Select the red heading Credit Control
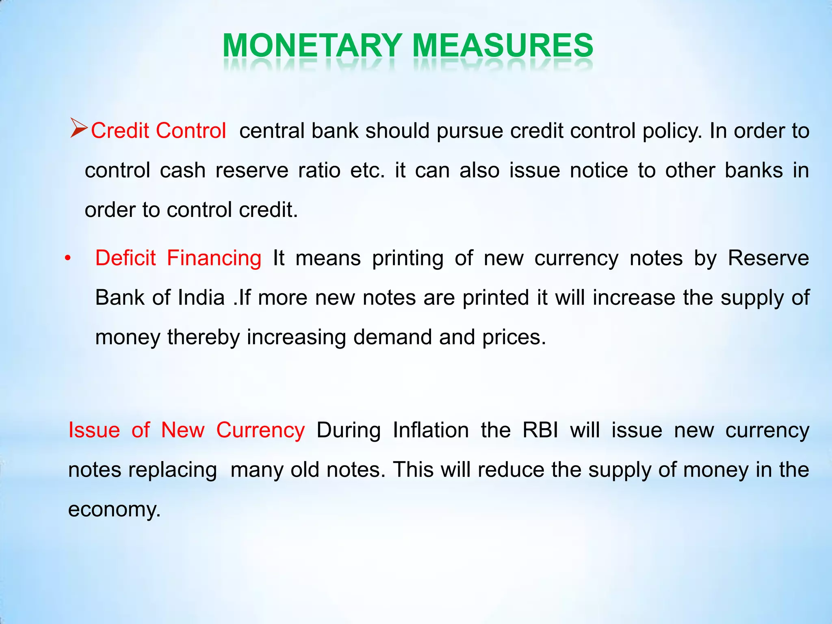158,131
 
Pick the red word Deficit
126,258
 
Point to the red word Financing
214,258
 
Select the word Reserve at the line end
768,258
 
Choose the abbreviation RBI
540,430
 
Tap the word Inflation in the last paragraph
431,430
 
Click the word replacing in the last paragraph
173,470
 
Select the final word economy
114,509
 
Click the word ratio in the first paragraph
319,170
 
